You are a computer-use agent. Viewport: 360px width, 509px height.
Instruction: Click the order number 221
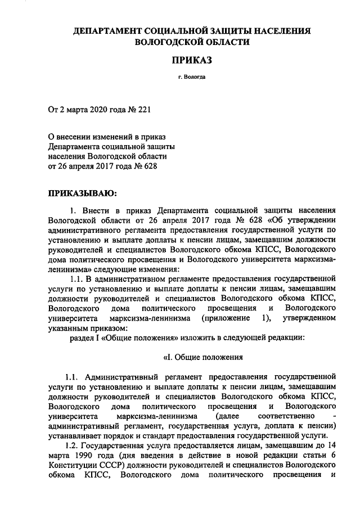click(x=143, y=107)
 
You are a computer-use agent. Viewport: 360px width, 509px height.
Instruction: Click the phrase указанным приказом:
click(x=84, y=328)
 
